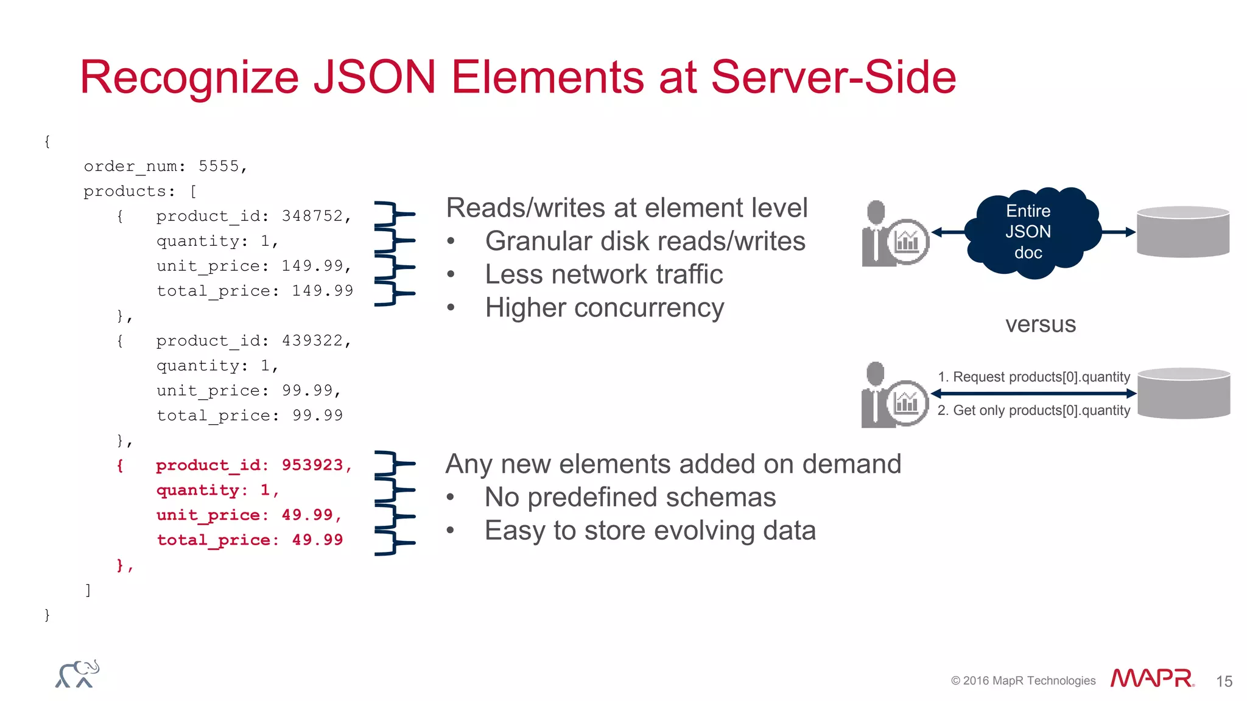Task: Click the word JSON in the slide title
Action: click(374, 77)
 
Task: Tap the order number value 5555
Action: click(219, 166)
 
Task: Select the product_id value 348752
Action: click(312, 216)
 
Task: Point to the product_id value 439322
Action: click(312, 341)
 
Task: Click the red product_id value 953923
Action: click(312, 466)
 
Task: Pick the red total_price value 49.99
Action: click(317, 540)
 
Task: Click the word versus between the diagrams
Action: click(1041, 324)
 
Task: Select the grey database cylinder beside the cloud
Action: click(1183, 232)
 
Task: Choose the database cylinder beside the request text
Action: click(1184, 393)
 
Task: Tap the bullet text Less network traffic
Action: click(603, 274)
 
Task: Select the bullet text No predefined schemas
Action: click(630, 498)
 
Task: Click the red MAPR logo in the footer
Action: click(1151, 678)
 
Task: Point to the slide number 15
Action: click(1224, 682)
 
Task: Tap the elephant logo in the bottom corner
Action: click(77, 674)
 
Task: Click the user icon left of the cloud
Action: click(894, 234)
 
